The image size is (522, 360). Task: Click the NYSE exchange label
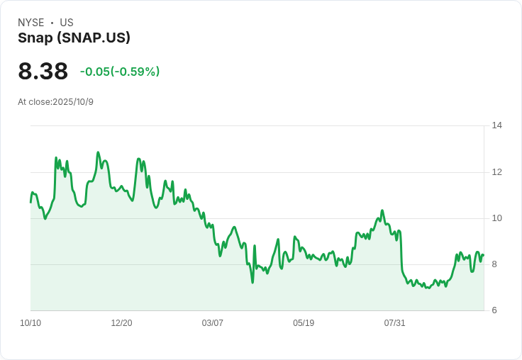pyautogui.click(x=31, y=23)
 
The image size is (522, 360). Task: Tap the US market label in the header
pyautogui.click(x=67, y=23)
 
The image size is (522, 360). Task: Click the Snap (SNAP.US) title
pyautogui.click(x=74, y=38)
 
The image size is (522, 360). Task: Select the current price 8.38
pyautogui.click(x=43, y=72)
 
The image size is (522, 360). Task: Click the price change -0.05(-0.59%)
pyautogui.click(x=120, y=72)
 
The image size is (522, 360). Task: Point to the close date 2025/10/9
pyautogui.click(x=73, y=102)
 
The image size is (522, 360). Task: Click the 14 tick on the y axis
pyautogui.click(x=497, y=125)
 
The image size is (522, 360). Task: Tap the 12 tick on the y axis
pyautogui.click(x=497, y=172)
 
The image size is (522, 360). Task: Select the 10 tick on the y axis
pyautogui.click(x=497, y=218)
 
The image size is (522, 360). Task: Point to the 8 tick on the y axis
pyautogui.click(x=495, y=264)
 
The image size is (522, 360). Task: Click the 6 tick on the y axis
pyautogui.click(x=495, y=310)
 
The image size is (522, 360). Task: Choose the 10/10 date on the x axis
pyautogui.click(x=30, y=323)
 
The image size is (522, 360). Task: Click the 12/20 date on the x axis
pyautogui.click(x=121, y=323)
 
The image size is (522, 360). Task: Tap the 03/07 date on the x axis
pyautogui.click(x=213, y=323)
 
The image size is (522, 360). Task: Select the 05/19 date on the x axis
pyautogui.click(x=304, y=323)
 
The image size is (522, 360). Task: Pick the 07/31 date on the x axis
pyautogui.click(x=395, y=323)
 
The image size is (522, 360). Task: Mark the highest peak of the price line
pyautogui.click(x=98, y=152)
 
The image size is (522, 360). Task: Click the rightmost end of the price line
pyautogui.click(x=483, y=256)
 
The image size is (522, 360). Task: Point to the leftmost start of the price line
pyautogui.click(x=30, y=202)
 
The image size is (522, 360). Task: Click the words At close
pyautogui.click(x=34, y=102)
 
